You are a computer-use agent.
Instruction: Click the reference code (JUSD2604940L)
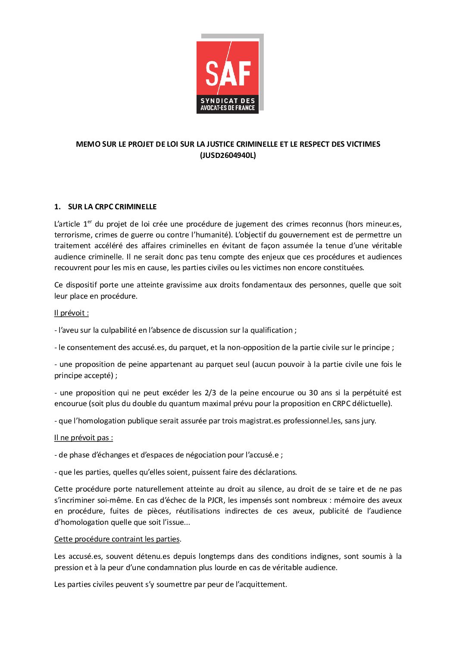[x=228, y=155]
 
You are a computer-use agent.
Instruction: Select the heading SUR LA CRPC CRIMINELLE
[x=112, y=207]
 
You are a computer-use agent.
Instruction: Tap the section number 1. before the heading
[x=57, y=207]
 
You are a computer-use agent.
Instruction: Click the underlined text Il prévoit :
[x=72, y=313]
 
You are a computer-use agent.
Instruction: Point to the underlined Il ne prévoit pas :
[x=84, y=438]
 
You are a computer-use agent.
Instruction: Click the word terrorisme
[x=72, y=235]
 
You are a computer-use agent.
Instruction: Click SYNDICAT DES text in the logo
[x=228, y=101]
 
